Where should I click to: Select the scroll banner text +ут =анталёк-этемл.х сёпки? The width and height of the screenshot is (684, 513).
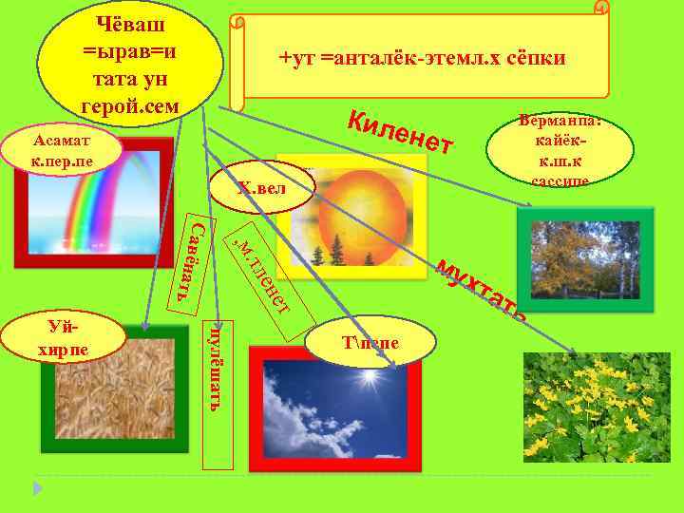[x=423, y=59]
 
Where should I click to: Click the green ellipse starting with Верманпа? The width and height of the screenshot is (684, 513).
[x=560, y=148]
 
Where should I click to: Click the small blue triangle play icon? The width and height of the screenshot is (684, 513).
[x=38, y=489]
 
